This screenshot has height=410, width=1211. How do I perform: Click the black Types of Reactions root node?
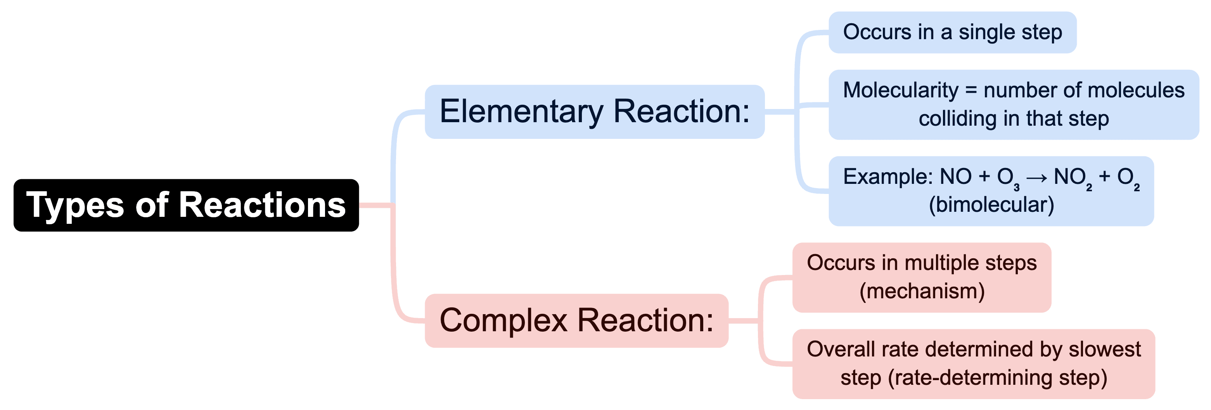[x=186, y=205]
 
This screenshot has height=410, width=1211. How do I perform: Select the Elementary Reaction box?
[x=594, y=111]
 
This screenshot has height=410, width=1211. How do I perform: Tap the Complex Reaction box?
[x=576, y=321]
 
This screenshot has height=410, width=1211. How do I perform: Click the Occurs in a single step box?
[x=952, y=33]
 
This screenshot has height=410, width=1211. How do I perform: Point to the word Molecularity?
[x=900, y=90]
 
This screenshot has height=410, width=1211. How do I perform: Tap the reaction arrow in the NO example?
[x=1036, y=178]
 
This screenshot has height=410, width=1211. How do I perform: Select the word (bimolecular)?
[x=991, y=205]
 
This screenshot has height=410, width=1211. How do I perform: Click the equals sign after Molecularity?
[x=971, y=90]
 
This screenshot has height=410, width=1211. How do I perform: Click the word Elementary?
[x=521, y=111]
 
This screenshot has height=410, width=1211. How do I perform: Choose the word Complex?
[x=503, y=321]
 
